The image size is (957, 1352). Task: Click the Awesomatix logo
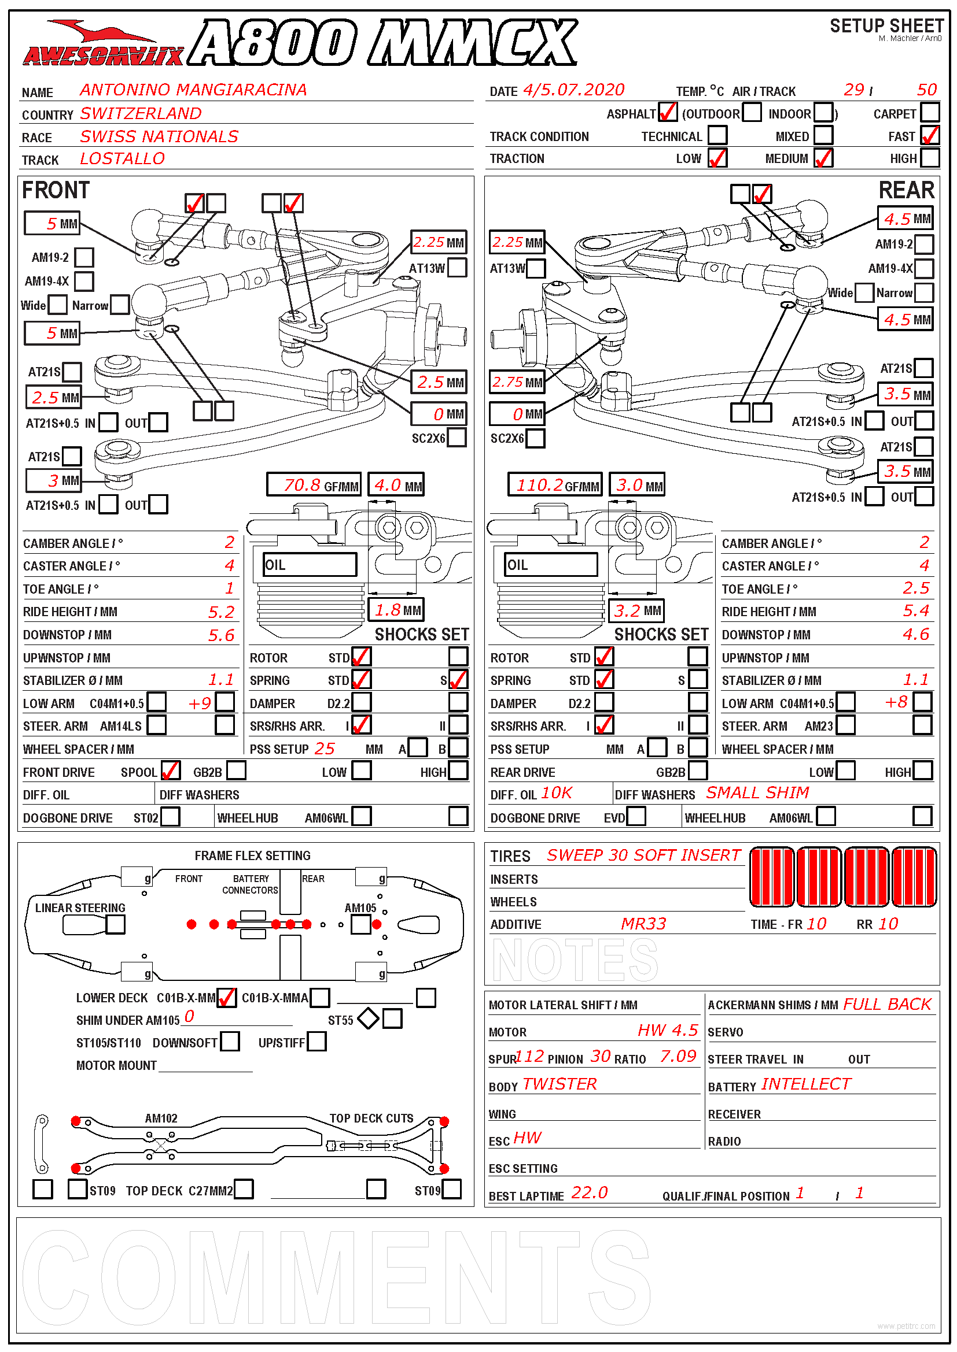(x=103, y=44)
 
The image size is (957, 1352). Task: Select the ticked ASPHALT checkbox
(x=667, y=113)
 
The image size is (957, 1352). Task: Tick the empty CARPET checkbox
(x=930, y=113)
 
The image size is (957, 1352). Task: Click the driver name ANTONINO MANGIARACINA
(x=193, y=90)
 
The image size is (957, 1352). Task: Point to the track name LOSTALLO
(x=123, y=159)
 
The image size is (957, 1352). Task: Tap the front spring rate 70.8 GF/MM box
(x=314, y=485)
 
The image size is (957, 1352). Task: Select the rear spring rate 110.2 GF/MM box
(x=554, y=485)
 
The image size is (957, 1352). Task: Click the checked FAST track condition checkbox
(x=930, y=135)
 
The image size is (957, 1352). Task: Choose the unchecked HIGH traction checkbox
(x=930, y=158)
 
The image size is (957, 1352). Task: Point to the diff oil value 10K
(x=556, y=793)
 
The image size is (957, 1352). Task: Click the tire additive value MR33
(x=643, y=924)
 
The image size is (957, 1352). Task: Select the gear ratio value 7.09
(x=678, y=1057)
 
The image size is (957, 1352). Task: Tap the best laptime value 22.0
(x=589, y=1193)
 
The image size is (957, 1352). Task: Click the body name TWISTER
(x=560, y=1084)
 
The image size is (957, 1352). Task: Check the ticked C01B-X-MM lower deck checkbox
(x=226, y=998)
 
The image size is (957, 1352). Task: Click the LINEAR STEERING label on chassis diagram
(x=80, y=908)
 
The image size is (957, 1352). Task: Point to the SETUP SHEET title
(x=886, y=26)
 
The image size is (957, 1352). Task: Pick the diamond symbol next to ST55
(x=369, y=1018)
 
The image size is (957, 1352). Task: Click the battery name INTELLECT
(x=806, y=1084)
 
